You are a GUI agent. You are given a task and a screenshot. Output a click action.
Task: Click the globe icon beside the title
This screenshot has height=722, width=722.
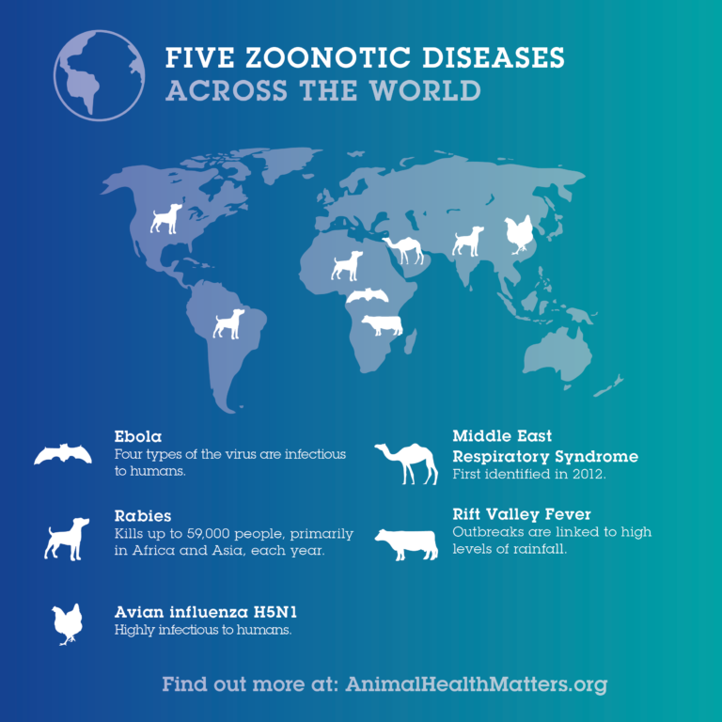[100, 76]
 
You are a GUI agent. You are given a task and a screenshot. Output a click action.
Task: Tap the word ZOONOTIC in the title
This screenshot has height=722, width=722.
[303, 58]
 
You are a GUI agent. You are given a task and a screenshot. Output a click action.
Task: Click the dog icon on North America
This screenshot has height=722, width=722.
[166, 217]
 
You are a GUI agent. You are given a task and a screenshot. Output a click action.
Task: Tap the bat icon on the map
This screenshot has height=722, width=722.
[367, 296]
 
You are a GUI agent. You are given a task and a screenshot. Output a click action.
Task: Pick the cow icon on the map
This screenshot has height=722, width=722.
[382, 325]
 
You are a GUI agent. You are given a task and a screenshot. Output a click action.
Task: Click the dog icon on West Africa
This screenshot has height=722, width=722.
[347, 265]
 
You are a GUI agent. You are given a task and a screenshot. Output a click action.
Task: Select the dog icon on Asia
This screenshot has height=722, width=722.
[468, 241]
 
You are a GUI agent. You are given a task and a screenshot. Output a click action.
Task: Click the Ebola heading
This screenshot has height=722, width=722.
[138, 437]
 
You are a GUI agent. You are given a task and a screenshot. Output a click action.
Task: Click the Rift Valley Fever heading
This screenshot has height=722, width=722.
[522, 514]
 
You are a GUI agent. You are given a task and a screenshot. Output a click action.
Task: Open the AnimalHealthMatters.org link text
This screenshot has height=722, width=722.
[476, 683]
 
